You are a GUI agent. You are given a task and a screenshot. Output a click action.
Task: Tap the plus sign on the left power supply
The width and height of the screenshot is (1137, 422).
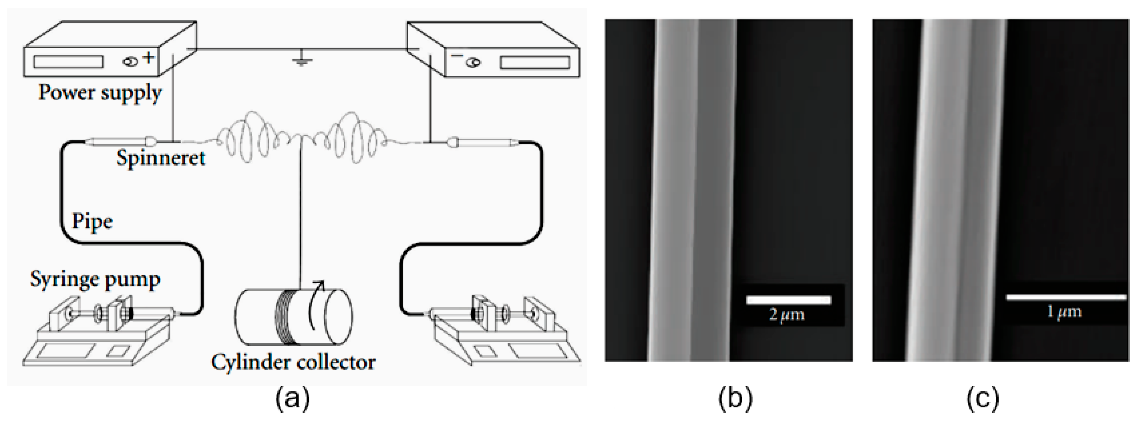click(149, 57)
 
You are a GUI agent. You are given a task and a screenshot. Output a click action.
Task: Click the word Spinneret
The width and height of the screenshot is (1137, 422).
click(161, 158)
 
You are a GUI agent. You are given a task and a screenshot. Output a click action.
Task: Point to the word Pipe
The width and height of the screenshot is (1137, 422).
click(92, 221)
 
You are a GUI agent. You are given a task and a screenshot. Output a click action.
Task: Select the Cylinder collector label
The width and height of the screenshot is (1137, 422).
click(293, 362)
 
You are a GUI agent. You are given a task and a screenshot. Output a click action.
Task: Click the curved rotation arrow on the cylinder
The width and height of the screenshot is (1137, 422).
click(315, 309)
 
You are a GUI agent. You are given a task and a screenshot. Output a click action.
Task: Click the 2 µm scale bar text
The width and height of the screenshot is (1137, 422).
click(787, 315)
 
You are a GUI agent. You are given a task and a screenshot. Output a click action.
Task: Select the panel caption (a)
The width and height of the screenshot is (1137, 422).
click(293, 399)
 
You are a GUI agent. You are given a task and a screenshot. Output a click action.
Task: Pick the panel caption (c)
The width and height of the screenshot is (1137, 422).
click(982, 399)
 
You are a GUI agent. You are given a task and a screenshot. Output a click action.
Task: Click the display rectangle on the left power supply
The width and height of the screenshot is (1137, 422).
click(68, 62)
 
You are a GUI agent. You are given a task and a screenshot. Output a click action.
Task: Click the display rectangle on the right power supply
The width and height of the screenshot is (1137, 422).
click(534, 63)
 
